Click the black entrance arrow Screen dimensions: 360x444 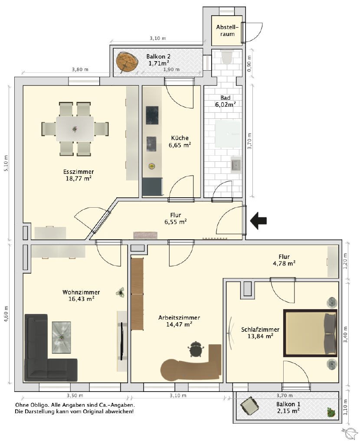pyautogui.click(x=259, y=221)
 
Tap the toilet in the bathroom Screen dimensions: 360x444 pyautogui.click(x=227, y=57)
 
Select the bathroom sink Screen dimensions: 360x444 pyautogui.click(x=236, y=165)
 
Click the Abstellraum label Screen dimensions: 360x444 pyautogui.click(x=227, y=31)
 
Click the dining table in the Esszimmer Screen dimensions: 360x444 pyautogui.click(x=75, y=129)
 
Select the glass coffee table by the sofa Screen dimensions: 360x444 pyautogui.click(x=61, y=337)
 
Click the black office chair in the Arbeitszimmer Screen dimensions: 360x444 pyautogui.click(x=196, y=349)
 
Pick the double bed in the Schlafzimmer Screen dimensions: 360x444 pyautogui.click(x=310, y=333)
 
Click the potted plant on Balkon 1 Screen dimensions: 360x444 pyautogui.click(x=330, y=412)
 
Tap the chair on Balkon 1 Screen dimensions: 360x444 pyautogui.click(x=249, y=405)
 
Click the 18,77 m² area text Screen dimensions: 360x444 pyautogui.click(x=79, y=178)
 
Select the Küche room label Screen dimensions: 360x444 pyautogui.click(x=180, y=138)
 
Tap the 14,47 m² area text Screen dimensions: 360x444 pyautogui.click(x=179, y=324)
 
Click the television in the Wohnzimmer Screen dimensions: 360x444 pyautogui.click(x=122, y=341)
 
